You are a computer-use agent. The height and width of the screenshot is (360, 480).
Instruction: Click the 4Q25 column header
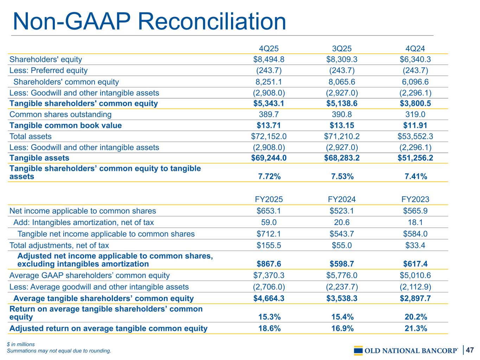(269, 49)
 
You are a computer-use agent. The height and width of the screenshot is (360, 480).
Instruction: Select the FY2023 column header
(415, 199)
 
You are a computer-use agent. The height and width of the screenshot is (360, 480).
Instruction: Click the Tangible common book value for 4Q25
(269, 126)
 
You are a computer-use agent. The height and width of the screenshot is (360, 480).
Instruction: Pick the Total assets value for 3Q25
(342, 136)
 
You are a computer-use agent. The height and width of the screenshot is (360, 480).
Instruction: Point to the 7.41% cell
(415, 176)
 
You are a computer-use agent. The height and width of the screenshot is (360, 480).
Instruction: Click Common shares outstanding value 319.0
(415, 114)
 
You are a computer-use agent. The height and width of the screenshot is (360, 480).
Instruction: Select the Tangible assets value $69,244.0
(269, 158)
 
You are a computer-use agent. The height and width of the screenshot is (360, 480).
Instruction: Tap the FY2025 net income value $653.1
(269, 211)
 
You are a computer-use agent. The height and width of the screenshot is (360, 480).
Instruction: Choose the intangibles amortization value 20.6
(342, 222)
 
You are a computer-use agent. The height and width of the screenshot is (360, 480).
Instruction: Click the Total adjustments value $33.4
(415, 245)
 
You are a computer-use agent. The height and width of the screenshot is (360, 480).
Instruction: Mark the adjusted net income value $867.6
(269, 264)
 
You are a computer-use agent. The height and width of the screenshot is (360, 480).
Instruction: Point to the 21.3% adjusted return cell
(415, 328)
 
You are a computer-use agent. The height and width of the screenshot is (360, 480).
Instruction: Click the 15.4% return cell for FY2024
(342, 317)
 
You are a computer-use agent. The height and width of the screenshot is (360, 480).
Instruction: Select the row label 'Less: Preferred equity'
(49, 70)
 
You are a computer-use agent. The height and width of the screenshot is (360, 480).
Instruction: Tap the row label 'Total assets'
(31, 136)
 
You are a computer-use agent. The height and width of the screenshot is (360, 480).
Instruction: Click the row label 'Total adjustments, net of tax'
(59, 245)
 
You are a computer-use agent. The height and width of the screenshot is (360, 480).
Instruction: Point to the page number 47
(471, 350)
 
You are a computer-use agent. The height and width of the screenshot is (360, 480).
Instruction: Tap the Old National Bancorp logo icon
(358, 351)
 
